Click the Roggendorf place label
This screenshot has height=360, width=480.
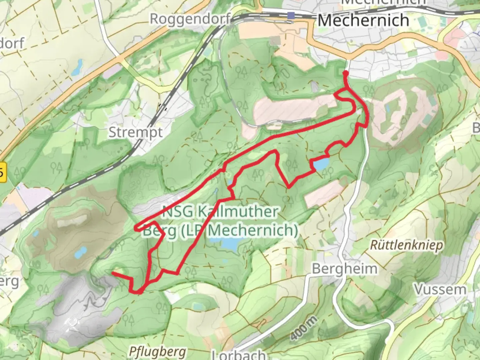pos(190,19)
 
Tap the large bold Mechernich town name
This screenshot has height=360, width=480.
pos(363,21)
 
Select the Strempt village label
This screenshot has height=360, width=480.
pos(136,132)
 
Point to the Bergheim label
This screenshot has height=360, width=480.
pos(345,268)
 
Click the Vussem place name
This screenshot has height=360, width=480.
pos(440,289)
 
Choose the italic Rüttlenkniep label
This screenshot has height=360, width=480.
pos(407,246)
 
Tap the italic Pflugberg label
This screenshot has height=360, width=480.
pos(157,351)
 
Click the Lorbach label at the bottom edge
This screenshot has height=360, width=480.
pos(239,355)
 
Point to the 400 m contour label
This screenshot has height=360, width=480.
pos(303,328)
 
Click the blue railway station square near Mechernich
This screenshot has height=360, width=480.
pos(292,15)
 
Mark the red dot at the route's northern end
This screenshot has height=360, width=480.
pos(346,73)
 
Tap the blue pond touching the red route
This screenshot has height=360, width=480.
pos(320,164)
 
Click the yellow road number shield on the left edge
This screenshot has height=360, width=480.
pos(3,173)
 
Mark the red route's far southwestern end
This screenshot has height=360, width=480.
pos(113,273)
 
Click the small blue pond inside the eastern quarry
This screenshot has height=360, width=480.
pos(387,109)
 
